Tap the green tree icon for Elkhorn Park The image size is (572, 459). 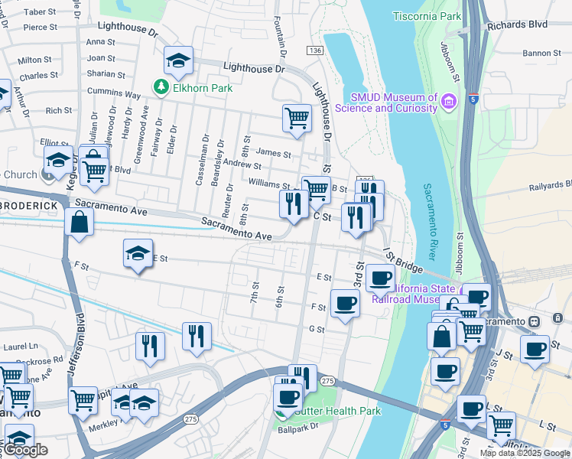[161, 88]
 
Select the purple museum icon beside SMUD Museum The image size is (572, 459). [449, 101]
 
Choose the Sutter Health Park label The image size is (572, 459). [336, 411]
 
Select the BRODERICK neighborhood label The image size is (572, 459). [31, 207]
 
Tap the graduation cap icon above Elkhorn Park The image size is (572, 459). [178, 60]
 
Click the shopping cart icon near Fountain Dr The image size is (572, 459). [297, 118]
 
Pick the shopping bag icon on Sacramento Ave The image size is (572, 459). [80, 223]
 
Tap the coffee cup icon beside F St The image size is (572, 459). [345, 304]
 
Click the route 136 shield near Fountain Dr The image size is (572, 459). [314, 50]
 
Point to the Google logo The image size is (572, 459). [24, 451]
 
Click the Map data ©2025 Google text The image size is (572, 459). [525, 453]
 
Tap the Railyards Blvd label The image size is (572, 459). [548, 184]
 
